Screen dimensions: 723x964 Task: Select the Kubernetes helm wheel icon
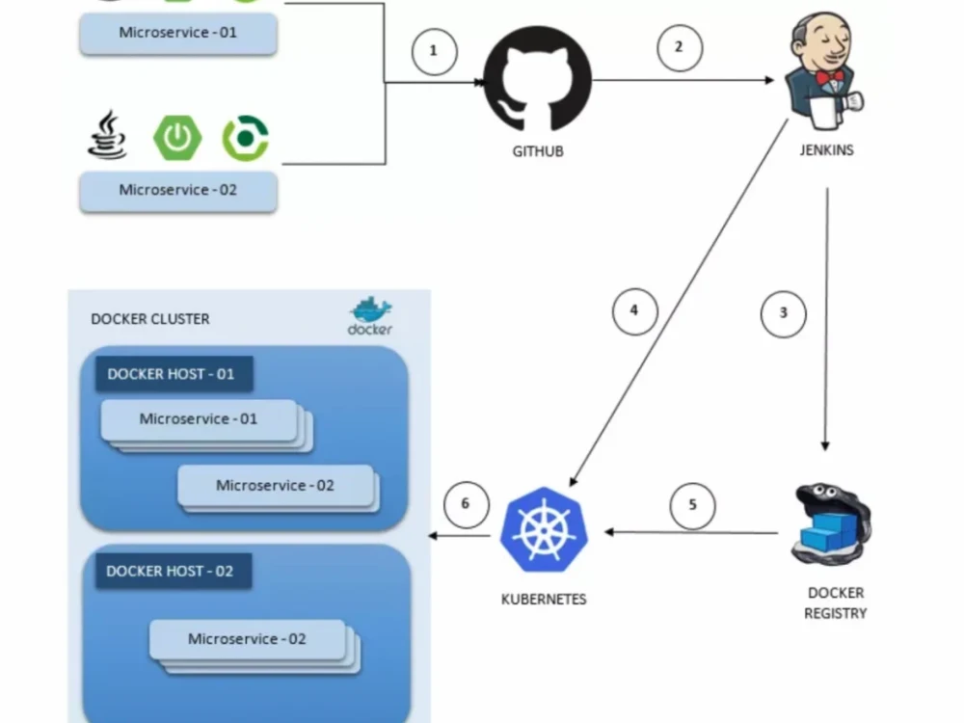[544, 530]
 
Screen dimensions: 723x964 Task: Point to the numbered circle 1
[434, 51]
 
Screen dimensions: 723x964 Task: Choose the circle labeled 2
[680, 47]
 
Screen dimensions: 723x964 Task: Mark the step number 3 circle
[784, 313]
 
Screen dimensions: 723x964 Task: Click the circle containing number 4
[634, 311]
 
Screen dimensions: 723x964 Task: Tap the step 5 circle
[692, 505]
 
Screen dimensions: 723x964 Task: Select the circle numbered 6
[466, 504]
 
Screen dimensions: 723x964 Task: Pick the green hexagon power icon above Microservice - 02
[177, 138]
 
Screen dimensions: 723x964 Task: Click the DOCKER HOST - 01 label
[172, 374]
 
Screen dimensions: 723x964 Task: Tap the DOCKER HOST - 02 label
[171, 571]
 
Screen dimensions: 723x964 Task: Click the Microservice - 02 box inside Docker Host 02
[247, 639]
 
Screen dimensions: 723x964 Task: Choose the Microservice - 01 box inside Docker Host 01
[199, 419]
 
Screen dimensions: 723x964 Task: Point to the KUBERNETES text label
[544, 599]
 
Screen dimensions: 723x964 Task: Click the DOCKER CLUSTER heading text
[149, 319]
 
